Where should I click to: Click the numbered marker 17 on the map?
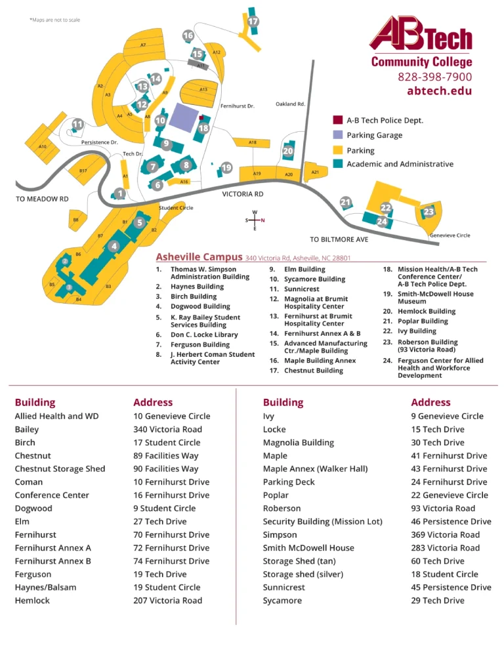click(253, 22)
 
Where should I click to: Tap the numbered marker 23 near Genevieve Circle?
click(429, 212)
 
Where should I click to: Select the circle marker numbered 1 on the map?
click(119, 194)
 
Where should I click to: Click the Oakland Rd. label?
click(290, 104)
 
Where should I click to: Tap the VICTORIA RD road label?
click(243, 194)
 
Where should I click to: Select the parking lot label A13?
click(203, 89)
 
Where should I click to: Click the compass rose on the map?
click(255, 220)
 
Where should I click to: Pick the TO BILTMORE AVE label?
click(339, 239)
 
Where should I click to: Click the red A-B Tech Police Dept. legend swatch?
click(337, 120)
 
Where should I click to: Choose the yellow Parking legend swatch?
click(337, 150)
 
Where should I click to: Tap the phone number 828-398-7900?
click(434, 77)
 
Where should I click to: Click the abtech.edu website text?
click(439, 91)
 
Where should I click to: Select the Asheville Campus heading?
click(199, 257)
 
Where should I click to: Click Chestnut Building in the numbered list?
click(313, 371)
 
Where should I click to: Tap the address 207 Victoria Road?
click(167, 600)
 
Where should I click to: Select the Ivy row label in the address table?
click(268, 416)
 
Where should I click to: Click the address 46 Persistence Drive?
click(451, 521)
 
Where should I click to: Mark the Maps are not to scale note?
click(55, 20)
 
